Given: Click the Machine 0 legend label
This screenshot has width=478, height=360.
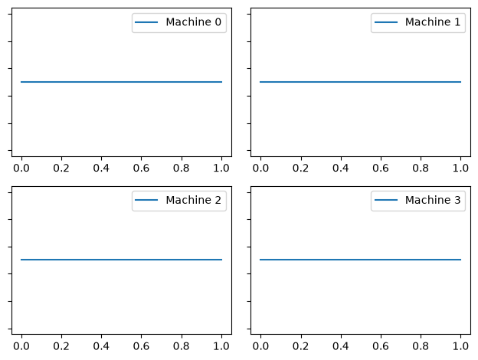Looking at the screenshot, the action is (193, 22).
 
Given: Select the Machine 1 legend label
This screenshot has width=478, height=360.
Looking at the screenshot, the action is (433, 22).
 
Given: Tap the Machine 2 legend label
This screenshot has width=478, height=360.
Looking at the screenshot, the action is (193, 200).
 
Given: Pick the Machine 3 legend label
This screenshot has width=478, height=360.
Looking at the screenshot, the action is (433, 200).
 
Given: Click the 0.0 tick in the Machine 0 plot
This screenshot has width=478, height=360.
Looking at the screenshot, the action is (21, 168).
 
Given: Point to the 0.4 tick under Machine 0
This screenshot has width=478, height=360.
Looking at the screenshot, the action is (101, 168).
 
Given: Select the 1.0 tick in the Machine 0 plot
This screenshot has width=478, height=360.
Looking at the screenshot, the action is (221, 168).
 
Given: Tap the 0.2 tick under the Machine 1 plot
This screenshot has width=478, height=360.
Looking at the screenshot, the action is (300, 168).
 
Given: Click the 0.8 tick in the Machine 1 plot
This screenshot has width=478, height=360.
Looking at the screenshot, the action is (421, 168).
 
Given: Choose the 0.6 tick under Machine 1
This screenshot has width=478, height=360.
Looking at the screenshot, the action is (381, 168).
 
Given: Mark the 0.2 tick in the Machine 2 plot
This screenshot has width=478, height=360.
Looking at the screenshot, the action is (61, 346).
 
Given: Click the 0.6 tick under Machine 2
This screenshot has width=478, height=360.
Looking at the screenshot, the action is (141, 346).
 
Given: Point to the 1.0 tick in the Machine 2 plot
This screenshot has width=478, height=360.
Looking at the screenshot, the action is (221, 346).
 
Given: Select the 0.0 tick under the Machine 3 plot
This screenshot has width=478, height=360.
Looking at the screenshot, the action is (260, 346).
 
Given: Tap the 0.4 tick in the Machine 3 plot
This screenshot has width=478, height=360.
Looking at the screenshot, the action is (341, 346).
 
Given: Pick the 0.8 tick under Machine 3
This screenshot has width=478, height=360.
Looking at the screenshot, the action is (421, 346).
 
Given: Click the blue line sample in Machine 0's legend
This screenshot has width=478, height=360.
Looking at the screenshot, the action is (146, 22).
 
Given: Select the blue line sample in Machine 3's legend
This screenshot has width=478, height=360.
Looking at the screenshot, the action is (386, 200).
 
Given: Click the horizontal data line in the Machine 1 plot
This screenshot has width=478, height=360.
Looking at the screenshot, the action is (360, 82).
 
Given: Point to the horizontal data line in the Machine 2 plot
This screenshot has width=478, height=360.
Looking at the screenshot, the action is (121, 260).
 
